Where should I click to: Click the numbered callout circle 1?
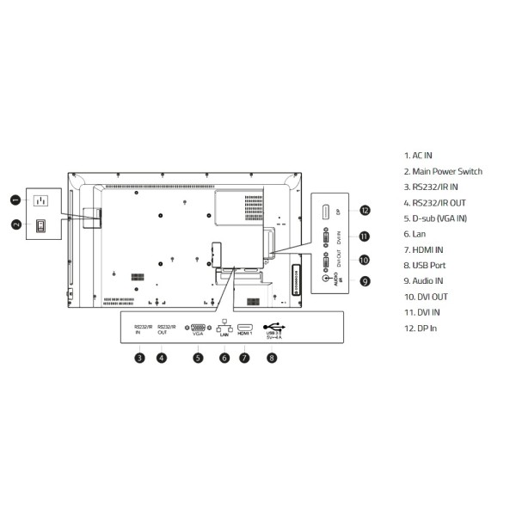click(x=15, y=200)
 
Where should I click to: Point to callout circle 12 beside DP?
click(x=365, y=211)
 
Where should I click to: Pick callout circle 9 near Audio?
click(x=365, y=280)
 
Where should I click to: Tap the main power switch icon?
click(x=40, y=226)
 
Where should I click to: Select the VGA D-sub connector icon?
click(x=198, y=328)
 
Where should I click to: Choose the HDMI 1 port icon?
click(x=244, y=328)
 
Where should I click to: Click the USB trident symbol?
click(x=273, y=326)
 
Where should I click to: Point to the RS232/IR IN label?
click(x=143, y=329)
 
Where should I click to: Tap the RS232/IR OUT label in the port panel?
click(x=167, y=329)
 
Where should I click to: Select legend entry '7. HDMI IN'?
click(x=424, y=249)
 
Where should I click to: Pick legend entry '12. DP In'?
click(x=421, y=329)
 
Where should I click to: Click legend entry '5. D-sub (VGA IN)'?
click(x=435, y=218)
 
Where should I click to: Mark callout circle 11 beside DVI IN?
click(x=365, y=236)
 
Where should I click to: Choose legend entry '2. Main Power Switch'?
click(x=443, y=171)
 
